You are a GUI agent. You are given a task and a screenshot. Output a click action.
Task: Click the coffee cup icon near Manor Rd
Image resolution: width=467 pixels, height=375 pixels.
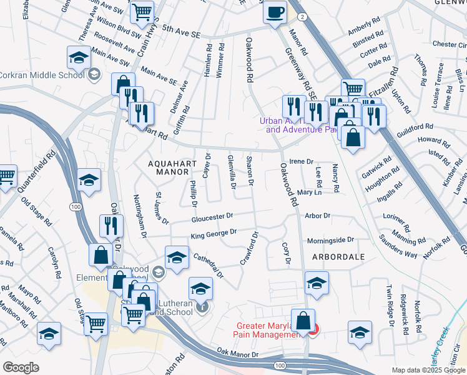point(275,12)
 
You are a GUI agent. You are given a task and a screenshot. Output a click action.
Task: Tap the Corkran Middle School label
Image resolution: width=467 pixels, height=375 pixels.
point(42,75)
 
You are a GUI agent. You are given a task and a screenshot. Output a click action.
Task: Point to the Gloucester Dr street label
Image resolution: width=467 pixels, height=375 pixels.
point(212,218)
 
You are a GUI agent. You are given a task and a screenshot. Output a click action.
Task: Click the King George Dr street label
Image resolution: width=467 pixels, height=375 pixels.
point(214,234)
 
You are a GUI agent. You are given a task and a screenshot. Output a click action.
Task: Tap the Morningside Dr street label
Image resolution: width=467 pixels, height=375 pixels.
point(330,240)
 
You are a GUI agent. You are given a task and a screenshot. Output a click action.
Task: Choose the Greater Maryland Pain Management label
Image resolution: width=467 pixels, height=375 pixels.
point(267,330)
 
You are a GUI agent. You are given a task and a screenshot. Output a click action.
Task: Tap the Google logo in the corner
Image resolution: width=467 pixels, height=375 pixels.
point(21,367)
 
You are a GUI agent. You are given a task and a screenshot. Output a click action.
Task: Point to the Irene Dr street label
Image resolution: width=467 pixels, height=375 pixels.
point(301,161)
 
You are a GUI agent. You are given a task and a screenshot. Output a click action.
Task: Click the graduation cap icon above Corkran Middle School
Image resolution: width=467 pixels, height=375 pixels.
point(79,58)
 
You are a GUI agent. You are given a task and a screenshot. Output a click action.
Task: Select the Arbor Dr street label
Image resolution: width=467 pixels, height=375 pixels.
point(317,216)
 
